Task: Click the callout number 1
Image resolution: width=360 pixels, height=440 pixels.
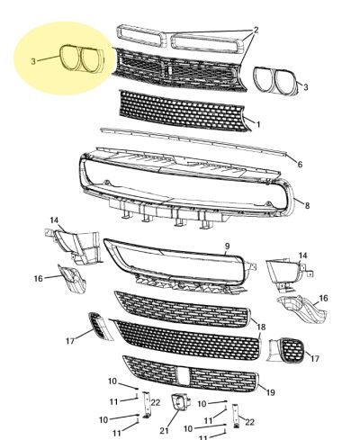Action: [258, 124]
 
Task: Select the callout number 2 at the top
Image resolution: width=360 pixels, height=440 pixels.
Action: [256, 30]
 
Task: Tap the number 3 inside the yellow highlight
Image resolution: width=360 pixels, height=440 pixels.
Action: [33, 61]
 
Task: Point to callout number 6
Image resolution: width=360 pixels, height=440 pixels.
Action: [300, 164]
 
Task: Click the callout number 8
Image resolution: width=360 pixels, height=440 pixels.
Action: [307, 206]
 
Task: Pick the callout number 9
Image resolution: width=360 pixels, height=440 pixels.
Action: [227, 247]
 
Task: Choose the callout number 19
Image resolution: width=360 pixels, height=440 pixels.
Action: [270, 392]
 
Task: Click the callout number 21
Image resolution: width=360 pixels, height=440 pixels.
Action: [164, 431]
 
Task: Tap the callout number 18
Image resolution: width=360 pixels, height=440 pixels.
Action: [261, 327]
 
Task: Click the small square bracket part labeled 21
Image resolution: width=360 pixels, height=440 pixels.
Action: [180, 402]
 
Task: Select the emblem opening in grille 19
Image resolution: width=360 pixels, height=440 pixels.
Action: [183, 376]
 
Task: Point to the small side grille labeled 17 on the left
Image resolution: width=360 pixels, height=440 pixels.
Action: [100, 326]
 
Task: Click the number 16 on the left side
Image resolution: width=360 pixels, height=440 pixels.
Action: [39, 279]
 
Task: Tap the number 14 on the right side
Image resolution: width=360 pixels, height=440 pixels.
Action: [303, 256]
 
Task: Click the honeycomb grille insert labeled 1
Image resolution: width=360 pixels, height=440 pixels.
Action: [186, 112]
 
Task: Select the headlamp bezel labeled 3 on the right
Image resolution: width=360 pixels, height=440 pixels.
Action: [276, 81]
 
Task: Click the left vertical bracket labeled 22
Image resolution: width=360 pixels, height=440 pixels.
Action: [147, 404]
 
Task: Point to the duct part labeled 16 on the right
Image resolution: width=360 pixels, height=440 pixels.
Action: [301, 309]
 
